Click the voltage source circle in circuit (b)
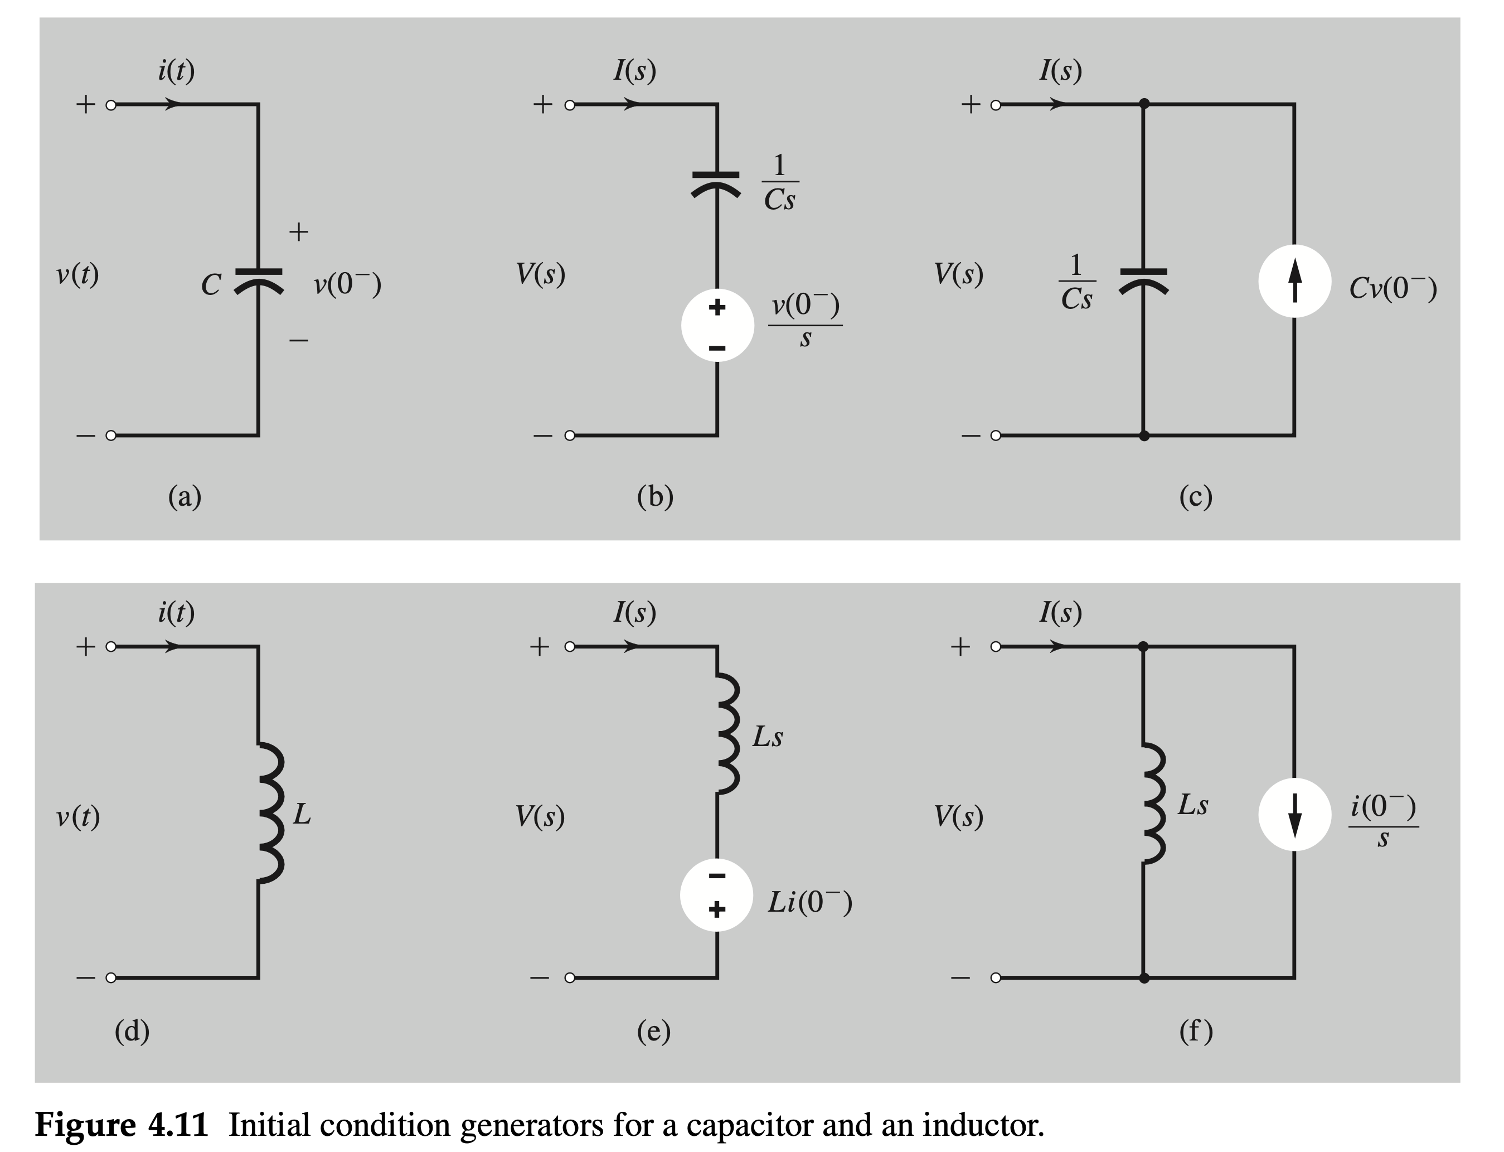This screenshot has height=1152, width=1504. pos(717,325)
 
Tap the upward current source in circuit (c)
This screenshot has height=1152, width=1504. pos(1294,281)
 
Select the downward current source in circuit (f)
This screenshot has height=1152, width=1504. pos(1294,815)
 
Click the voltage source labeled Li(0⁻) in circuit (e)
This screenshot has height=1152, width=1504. pos(717,894)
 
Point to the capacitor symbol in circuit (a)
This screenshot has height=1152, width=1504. pos(259,280)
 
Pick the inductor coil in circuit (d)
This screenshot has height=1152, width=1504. pos(270,812)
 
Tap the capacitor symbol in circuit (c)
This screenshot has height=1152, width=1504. pos(1143,280)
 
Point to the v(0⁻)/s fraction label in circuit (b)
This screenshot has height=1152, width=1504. pos(805,320)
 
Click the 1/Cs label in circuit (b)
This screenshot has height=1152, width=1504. pos(779,183)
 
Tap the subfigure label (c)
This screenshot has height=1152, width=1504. pos(1196,496)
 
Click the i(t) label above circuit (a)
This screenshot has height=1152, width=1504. pos(176,71)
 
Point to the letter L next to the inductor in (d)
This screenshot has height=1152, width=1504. pos(302,815)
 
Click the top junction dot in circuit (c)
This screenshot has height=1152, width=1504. pos(1143,104)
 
